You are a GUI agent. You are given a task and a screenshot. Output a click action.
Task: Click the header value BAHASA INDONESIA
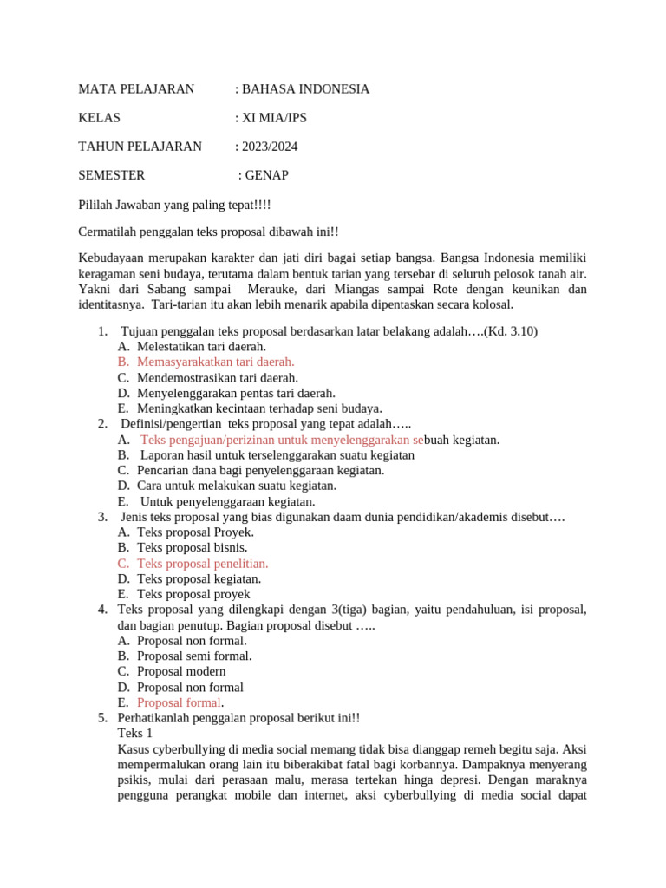[x=305, y=89]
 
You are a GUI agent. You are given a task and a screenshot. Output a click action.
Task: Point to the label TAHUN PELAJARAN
[x=140, y=147]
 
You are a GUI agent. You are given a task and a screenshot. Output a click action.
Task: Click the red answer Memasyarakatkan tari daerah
[x=216, y=362]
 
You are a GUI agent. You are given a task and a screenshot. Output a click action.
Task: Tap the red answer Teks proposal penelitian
[x=203, y=563]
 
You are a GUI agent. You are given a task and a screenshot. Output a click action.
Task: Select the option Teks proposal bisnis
[x=193, y=547]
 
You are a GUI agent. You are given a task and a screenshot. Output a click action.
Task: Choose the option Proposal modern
[x=181, y=671]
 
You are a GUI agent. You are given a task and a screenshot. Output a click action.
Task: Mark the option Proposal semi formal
[x=194, y=656]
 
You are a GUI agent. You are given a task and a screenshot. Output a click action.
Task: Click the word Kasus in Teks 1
[x=133, y=748]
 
